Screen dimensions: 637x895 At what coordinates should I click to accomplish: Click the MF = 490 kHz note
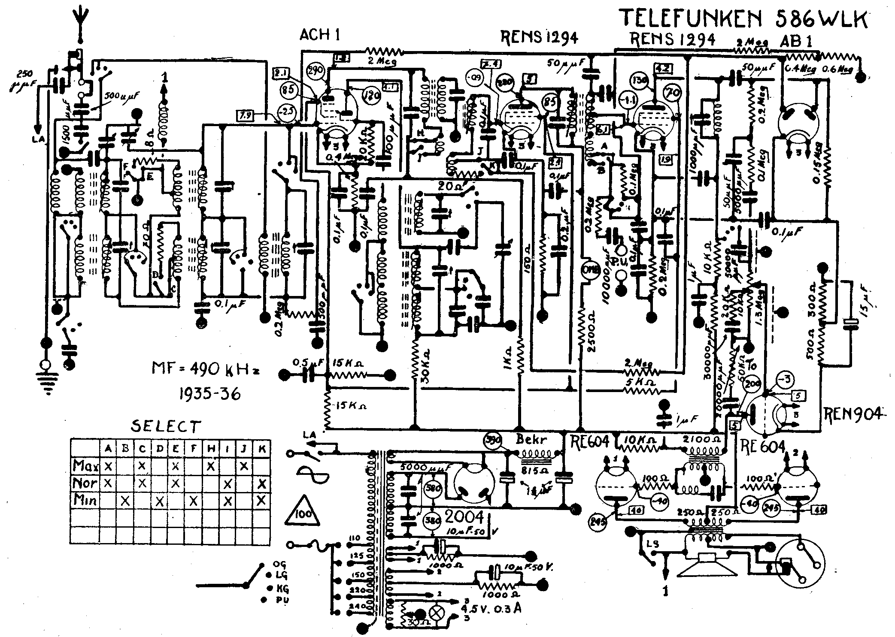pyautogui.click(x=206, y=369)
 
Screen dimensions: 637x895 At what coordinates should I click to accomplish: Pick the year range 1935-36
pyautogui.click(x=209, y=393)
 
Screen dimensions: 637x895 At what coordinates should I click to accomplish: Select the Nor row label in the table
pyautogui.click(x=85, y=483)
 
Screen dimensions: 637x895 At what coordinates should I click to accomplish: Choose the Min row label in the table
pyautogui.click(x=85, y=500)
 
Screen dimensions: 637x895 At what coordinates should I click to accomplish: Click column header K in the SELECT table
pyautogui.click(x=262, y=449)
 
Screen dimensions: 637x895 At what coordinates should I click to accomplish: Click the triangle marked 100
pyautogui.click(x=304, y=512)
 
